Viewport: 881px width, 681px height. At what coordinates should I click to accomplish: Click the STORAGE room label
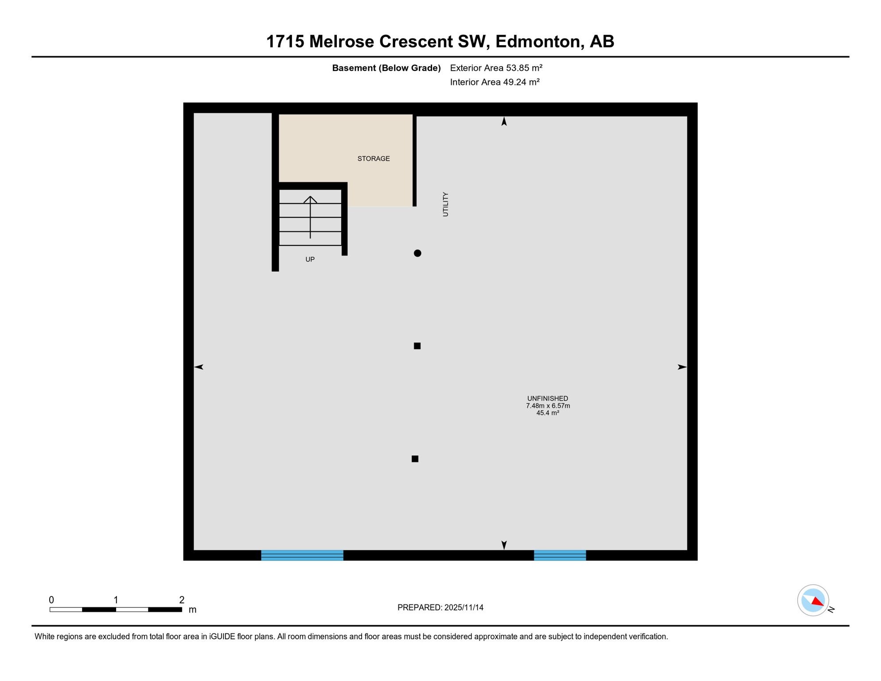click(374, 159)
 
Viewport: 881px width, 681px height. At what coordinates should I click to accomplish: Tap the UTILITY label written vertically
click(445, 204)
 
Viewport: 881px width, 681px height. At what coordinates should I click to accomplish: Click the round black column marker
click(417, 253)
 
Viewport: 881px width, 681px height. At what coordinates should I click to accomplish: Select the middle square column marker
click(417, 346)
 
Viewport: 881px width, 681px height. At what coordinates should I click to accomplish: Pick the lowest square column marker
click(415, 459)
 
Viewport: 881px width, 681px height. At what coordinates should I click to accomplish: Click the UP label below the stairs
click(310, 259)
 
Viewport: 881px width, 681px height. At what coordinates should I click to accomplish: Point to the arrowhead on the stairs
click(310, 199)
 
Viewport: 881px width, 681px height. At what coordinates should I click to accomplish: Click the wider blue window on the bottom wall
click(302, 555)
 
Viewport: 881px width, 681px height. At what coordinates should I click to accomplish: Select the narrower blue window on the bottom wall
click(560, 555)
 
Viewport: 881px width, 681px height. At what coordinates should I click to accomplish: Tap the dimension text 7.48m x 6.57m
click(548, 406)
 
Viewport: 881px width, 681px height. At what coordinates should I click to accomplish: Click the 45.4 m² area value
click(548, 413)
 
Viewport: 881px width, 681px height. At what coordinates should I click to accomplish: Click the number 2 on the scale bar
click(182, 600)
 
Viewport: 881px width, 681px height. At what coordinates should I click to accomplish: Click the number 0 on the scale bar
click(51, 600)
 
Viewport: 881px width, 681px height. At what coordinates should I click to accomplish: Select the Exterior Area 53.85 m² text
click(496, 68)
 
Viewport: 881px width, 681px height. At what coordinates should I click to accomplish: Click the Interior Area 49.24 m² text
click(495, 82)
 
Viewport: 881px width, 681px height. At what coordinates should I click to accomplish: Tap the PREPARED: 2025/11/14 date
click(440, 607)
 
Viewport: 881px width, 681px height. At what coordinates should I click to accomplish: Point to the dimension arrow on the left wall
click(199, 367)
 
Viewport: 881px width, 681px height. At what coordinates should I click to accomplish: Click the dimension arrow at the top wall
click(504, 121)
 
